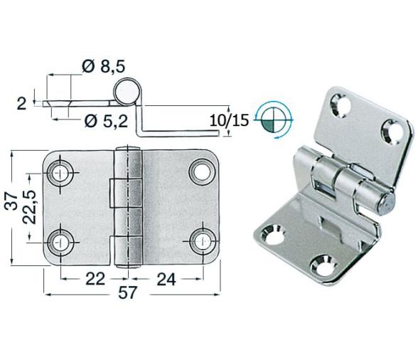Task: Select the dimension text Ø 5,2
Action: tap(105, 120)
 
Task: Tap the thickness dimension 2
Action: tap(21, 104)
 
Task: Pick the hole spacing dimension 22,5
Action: tap(28, 207)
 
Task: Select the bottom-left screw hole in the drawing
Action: tap(60, 239)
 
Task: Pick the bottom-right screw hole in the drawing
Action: tap(202, 239)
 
